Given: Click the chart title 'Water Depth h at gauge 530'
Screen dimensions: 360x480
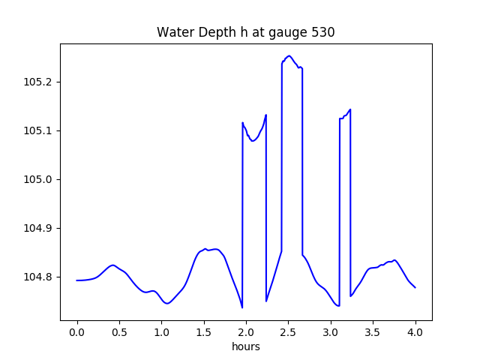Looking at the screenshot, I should tap(245, 32).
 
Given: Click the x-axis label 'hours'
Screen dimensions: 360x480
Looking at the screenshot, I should tap(246, 347).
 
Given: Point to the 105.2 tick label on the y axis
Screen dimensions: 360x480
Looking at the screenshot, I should tap(38, 82).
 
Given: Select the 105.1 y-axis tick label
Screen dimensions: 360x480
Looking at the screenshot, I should tap(38, 130).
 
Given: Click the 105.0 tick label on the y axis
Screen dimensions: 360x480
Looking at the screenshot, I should tap(38, 179).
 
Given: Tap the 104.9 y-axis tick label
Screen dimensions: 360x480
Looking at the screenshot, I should tap(38, 228).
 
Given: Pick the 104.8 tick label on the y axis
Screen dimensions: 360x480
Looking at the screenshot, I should tap(38, 277).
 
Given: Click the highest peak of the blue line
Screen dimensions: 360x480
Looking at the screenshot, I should tap(289, 55).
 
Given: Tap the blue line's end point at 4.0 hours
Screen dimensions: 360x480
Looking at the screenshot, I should tap(415, 287).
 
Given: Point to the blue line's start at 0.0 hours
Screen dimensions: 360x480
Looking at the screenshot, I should tap(77, 280).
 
